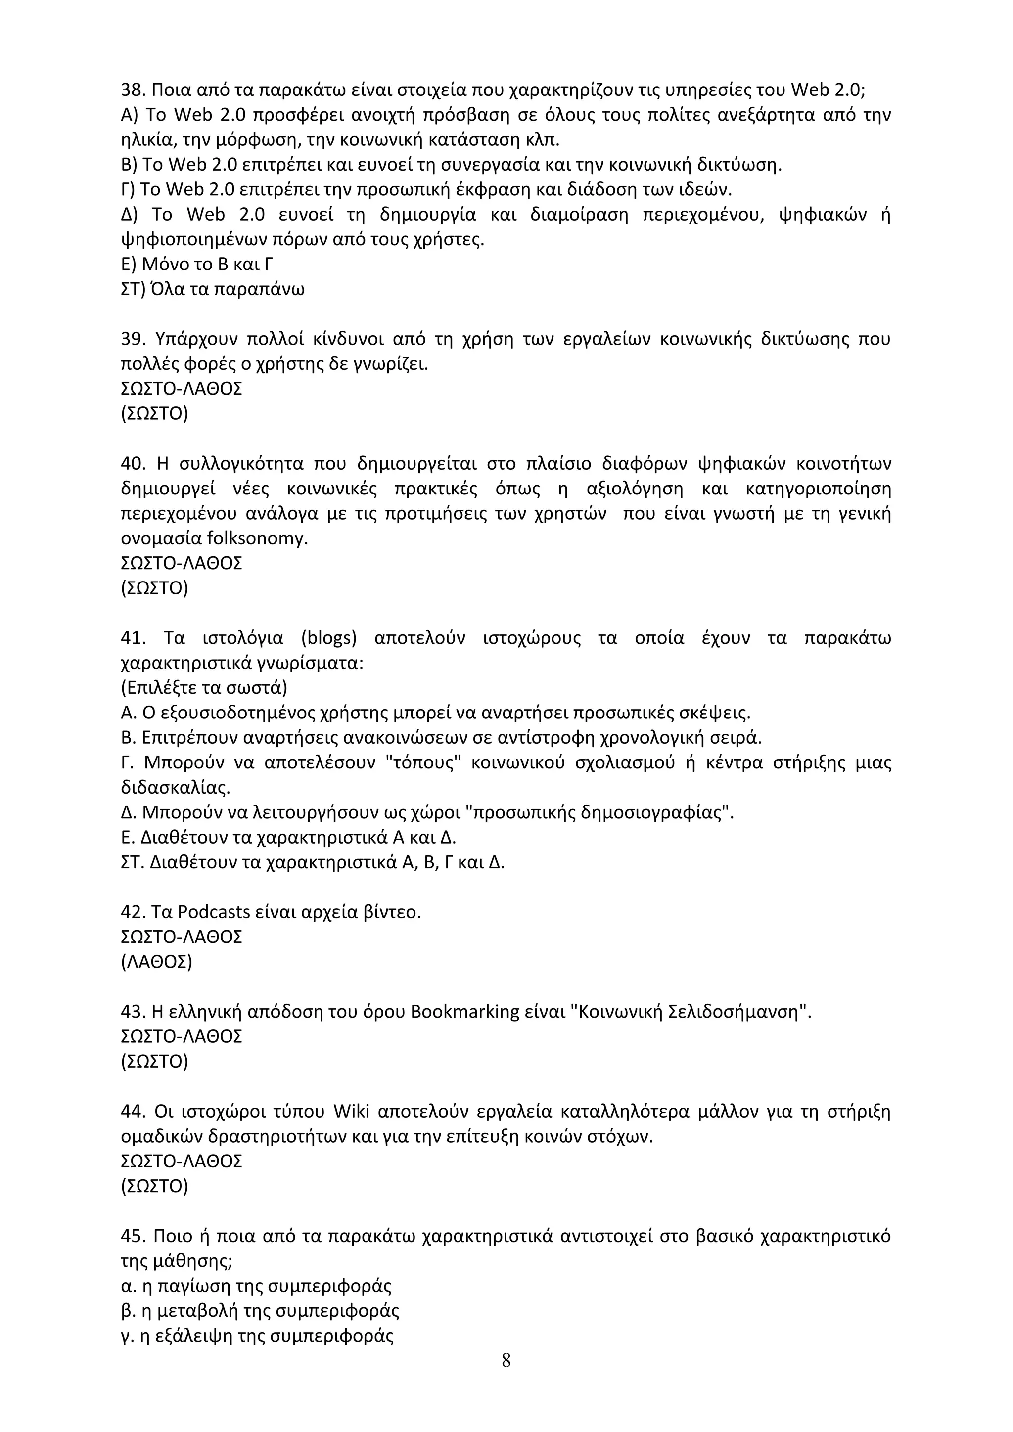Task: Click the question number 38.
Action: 132,90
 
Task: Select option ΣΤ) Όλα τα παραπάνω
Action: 213,290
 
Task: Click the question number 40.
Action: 132,464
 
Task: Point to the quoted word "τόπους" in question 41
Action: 423,763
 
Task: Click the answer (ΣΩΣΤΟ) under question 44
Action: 154,1186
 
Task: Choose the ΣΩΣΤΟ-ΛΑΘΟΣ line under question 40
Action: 181,563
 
